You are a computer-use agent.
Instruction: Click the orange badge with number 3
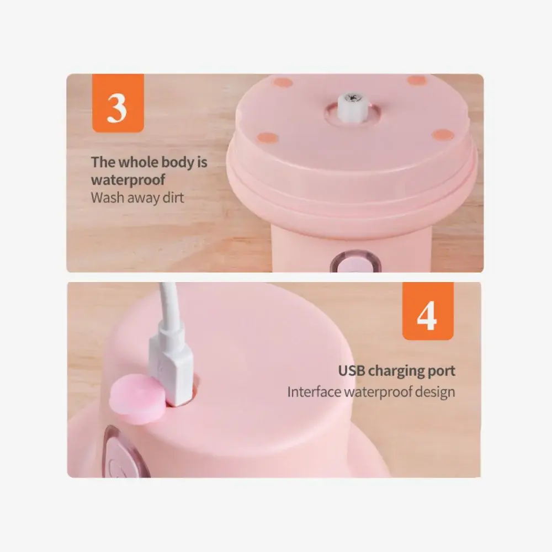coord(118,103)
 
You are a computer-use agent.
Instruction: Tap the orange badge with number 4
coord(428,311)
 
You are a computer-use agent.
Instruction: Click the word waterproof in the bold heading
coord(128,180)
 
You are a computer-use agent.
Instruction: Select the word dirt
coord(173,198)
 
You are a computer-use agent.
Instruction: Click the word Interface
coord(314,391)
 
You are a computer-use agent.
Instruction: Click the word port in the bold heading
coord(442,371)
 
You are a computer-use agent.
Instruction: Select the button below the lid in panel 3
coord(355,262)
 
